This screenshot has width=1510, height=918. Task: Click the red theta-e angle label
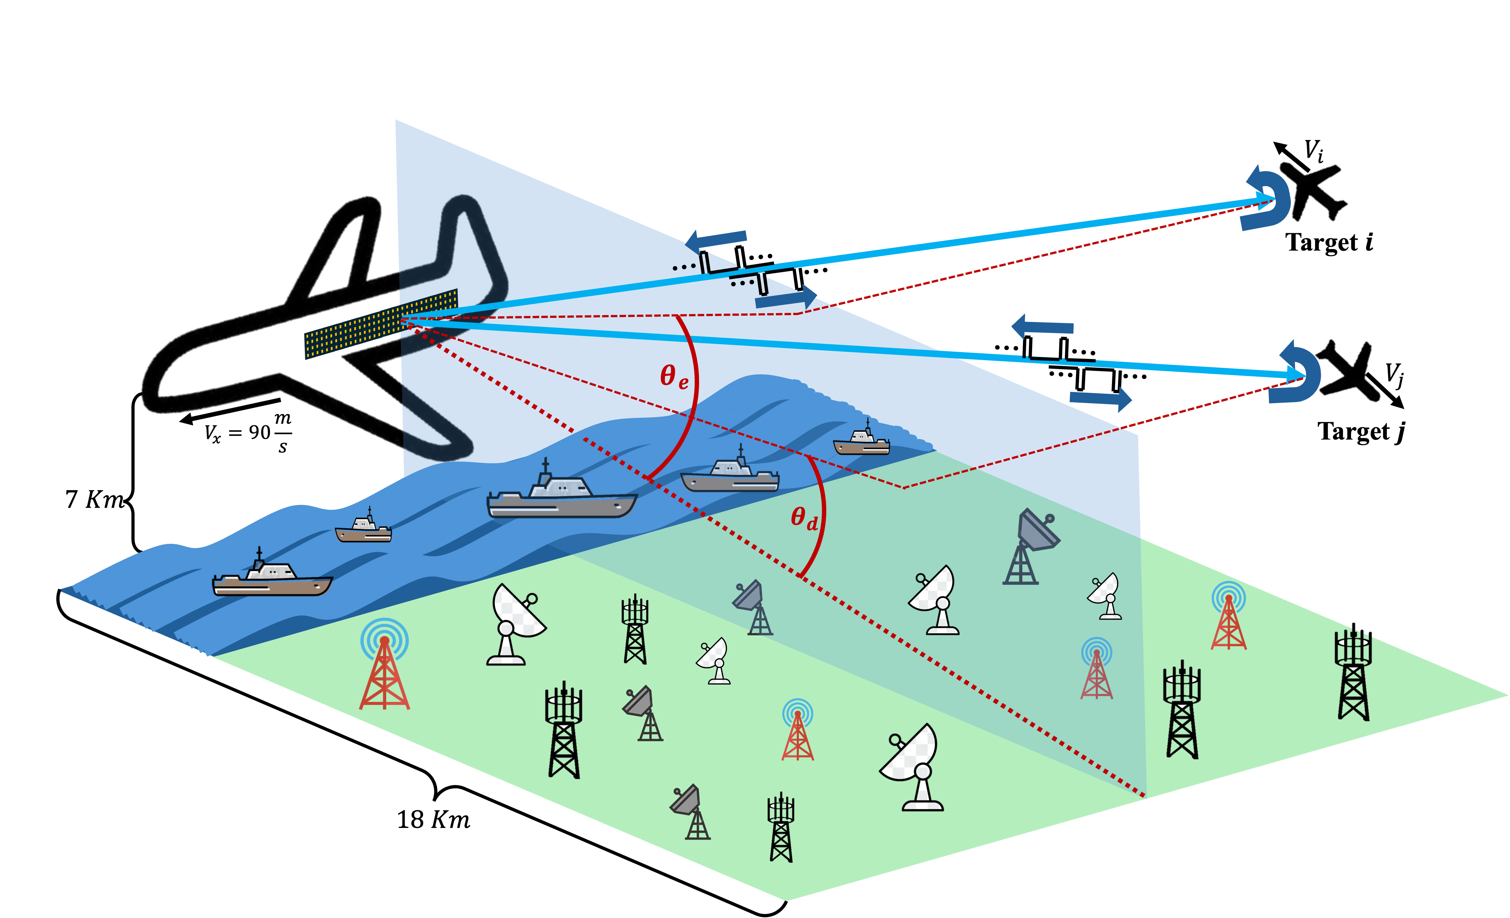pyautogui.click(x=673, y=375)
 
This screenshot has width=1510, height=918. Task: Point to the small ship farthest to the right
pyautogui.click(x=861, y=441)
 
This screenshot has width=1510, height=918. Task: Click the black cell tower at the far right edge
pyautogui.click(x=1352, y=675)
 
